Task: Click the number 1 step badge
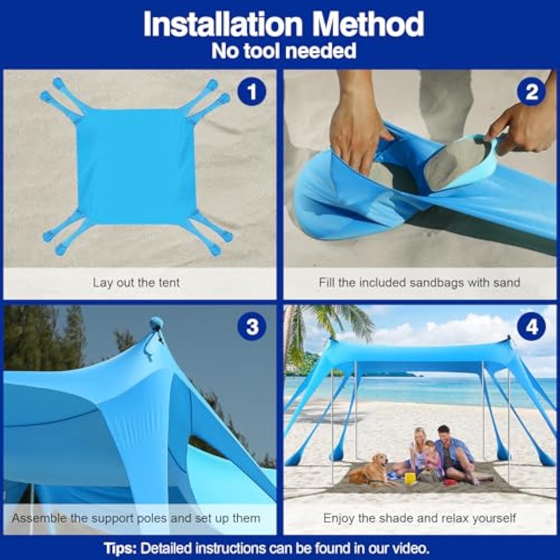(251, 92)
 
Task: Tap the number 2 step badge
(531, 92)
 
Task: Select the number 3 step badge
(251, 326)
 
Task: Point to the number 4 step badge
(531, 326)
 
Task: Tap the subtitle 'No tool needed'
(284, 51)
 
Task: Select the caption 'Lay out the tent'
(136, 283)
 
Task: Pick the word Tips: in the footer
(121, 548)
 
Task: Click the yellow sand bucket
(410, 478)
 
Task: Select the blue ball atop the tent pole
(156, 323)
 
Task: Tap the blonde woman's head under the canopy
(420, 435)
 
